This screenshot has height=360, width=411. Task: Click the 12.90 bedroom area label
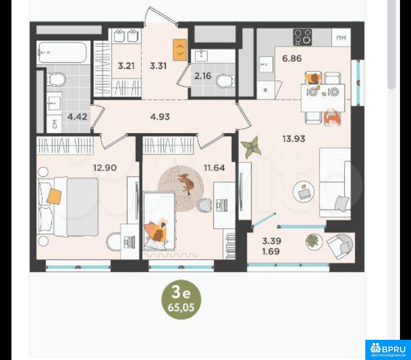105,168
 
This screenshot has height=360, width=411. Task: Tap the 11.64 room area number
214,168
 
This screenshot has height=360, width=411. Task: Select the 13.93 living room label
294,138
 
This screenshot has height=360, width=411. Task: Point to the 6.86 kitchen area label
292,58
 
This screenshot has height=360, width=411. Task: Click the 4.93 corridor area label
160,117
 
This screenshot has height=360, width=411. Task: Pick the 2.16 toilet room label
203,76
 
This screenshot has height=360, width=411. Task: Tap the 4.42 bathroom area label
77,117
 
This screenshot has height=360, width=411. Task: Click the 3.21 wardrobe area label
126,66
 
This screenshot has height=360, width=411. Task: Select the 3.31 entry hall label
158,66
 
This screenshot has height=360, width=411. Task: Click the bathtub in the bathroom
62,53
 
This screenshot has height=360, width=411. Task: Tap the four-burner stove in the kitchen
302,37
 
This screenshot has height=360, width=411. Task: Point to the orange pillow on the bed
54,196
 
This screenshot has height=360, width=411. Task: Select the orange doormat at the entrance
180,50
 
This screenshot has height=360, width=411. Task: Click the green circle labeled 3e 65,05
181,299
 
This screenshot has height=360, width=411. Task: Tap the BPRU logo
388,350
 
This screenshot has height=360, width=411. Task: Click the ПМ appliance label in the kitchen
341,38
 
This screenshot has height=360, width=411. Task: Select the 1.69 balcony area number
271,251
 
